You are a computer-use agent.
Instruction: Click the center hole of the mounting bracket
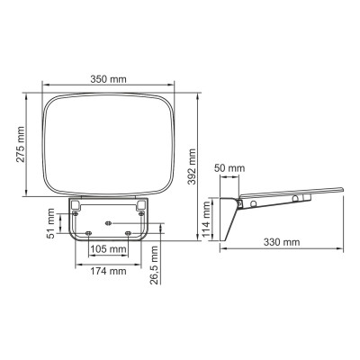(x=108, y=220)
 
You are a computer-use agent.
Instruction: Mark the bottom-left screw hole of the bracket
(x=88, y=233)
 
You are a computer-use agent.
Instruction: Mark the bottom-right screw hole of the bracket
(x=129, y=233)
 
